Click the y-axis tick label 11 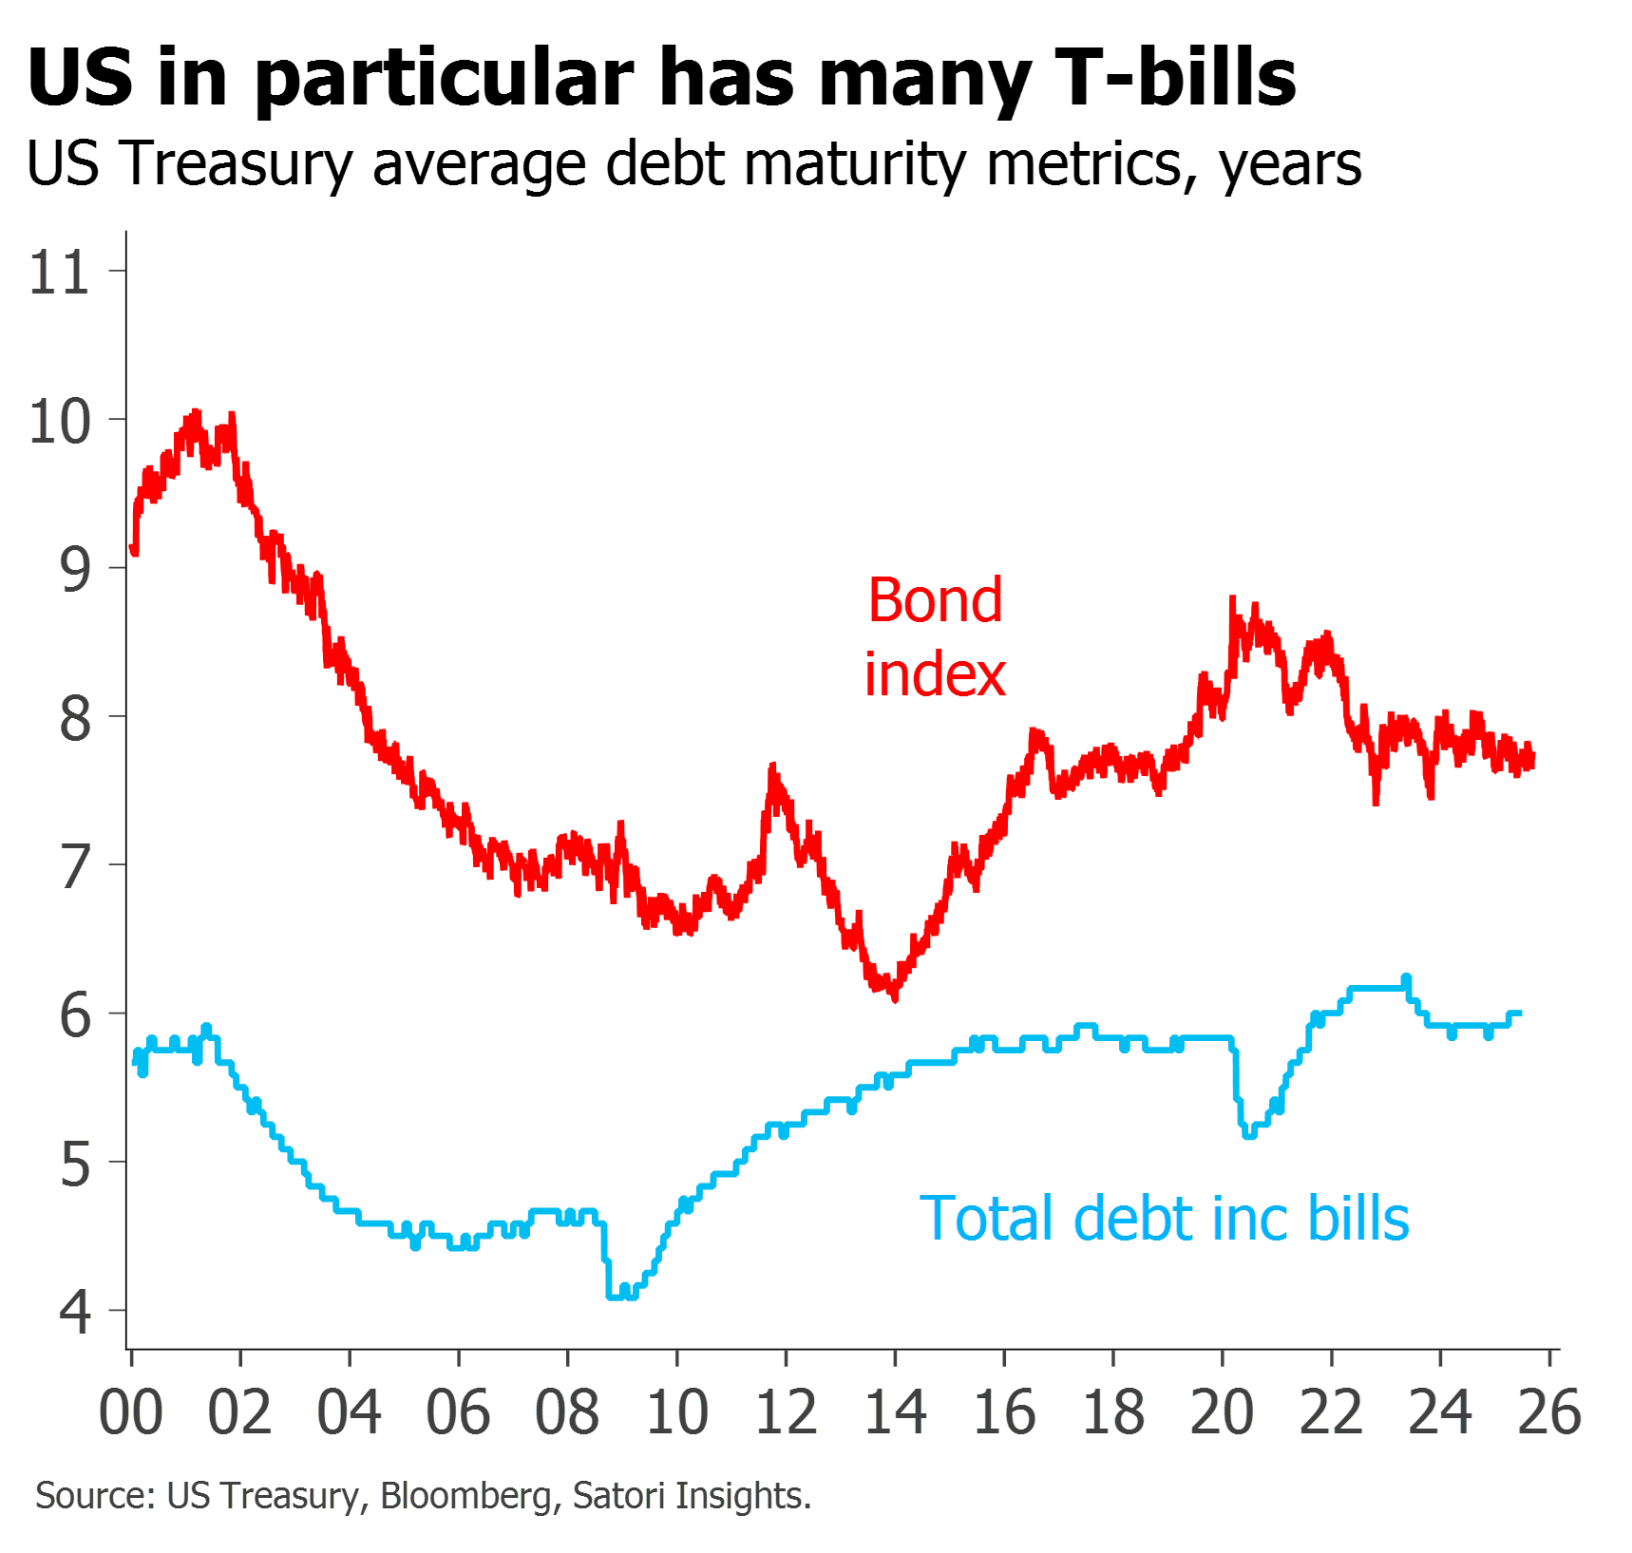(x=59, y=273)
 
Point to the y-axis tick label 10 (x=59, y=422)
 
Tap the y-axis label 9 (x=74, y=570)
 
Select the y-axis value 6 (x=74, y=1015)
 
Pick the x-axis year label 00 (x=131, y=1411)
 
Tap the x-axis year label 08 (x=567, y=1411)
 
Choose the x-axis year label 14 (x=895, y=1411)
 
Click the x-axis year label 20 (x=1223, y=1411)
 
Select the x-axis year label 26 (x=1550, y=1411)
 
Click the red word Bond (x=936, y=600)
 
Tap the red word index (x=936, y=674)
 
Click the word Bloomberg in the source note (x=465, y=1496)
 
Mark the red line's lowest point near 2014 (x=895, y=997)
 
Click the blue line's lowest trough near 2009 (x=622, y=1294)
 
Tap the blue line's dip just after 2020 (x=1249, y=1132)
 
